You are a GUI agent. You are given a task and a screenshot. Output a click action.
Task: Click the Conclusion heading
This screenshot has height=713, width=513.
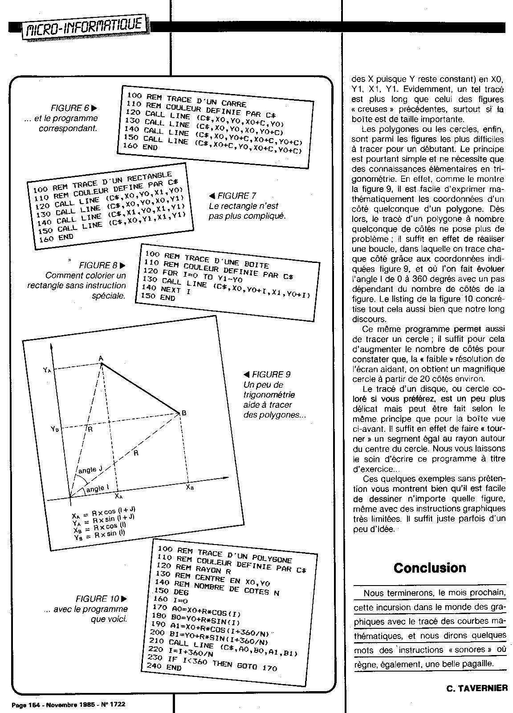[x=430, y=568]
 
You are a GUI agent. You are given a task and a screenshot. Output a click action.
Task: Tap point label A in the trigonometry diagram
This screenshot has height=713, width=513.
[x=101, y=358]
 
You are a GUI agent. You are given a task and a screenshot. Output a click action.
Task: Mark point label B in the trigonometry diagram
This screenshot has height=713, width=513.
[x=183, y=413]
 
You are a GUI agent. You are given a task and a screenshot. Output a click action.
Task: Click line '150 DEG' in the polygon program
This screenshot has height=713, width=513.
[x=171, y=592]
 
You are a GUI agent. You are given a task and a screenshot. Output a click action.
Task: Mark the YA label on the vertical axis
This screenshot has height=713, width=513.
[x=48, y=370]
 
